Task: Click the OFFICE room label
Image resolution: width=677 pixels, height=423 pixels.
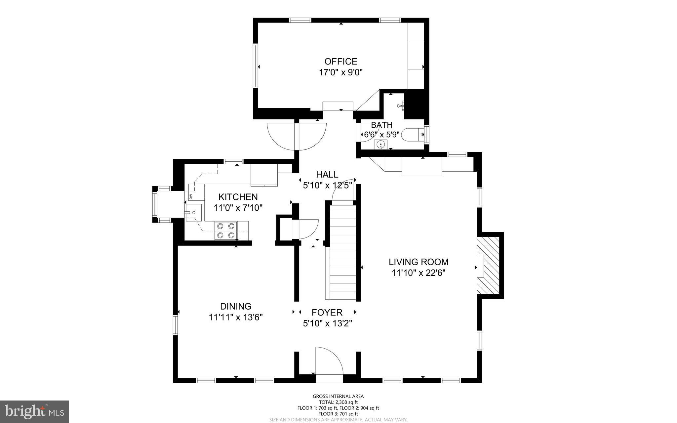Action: (341, 62)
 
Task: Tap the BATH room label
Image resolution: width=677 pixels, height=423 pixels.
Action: (381, 125)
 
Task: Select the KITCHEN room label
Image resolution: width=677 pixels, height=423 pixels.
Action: (238, 197)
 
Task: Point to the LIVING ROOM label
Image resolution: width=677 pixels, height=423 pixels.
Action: (418, 262)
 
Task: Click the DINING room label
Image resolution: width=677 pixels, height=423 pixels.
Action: (236, 306)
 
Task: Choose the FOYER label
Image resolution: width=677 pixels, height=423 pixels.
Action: (327, 313)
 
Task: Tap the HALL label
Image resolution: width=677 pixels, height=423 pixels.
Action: (327, 174)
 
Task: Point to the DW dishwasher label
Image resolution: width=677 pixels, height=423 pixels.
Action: (191, 197)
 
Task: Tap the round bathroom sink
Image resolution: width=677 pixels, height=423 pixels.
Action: (381, 145)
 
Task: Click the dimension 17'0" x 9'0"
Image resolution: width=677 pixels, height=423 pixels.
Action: (341, 72)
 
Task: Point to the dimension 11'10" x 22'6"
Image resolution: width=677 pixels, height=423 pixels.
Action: (418, 273)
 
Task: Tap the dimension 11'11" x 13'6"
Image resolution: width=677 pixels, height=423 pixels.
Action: (236, 317)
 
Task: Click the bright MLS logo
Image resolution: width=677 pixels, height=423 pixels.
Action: (34, 412)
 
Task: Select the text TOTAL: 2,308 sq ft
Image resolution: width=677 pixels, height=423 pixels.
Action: (338, 402)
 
